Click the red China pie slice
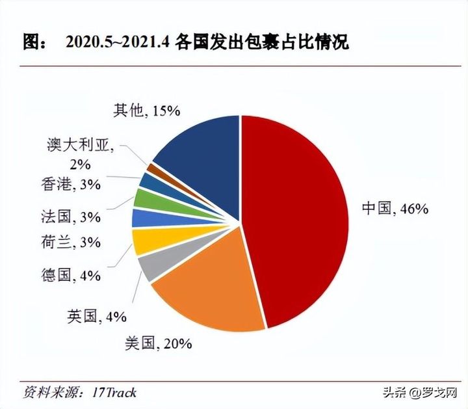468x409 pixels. [292, 215]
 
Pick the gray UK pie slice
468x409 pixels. [144, 265]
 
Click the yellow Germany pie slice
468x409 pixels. [144, 241]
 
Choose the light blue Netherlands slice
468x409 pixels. [143, 218]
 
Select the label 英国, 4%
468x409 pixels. [96, 317]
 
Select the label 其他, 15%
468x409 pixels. [146, 111]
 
